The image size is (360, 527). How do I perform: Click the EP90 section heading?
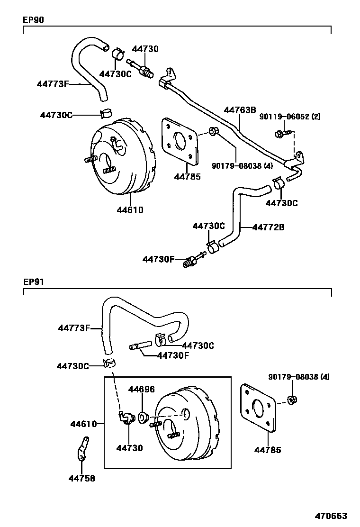[33, 20]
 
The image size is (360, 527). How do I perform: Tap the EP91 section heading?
[33, 281]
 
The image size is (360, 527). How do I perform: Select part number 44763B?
[240, 110]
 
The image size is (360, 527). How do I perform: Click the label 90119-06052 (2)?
[290, 117]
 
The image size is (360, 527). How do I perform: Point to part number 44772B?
[268, 227]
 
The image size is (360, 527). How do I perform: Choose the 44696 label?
[142, 390]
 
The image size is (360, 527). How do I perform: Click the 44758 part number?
[81, 478]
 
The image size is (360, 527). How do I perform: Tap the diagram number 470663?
[332, 516]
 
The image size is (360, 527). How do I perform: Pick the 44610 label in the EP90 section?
[130, 209]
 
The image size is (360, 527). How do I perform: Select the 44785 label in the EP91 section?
[268, 449]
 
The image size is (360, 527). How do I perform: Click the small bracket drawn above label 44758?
[82, 449]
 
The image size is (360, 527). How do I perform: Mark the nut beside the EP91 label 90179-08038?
[292, 399]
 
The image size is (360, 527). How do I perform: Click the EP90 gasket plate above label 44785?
[180, 142]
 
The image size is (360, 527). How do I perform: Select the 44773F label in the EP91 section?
[74, 327]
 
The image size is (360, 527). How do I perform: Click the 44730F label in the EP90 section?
[159, 259]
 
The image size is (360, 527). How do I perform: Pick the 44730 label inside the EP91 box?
[130, 448]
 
